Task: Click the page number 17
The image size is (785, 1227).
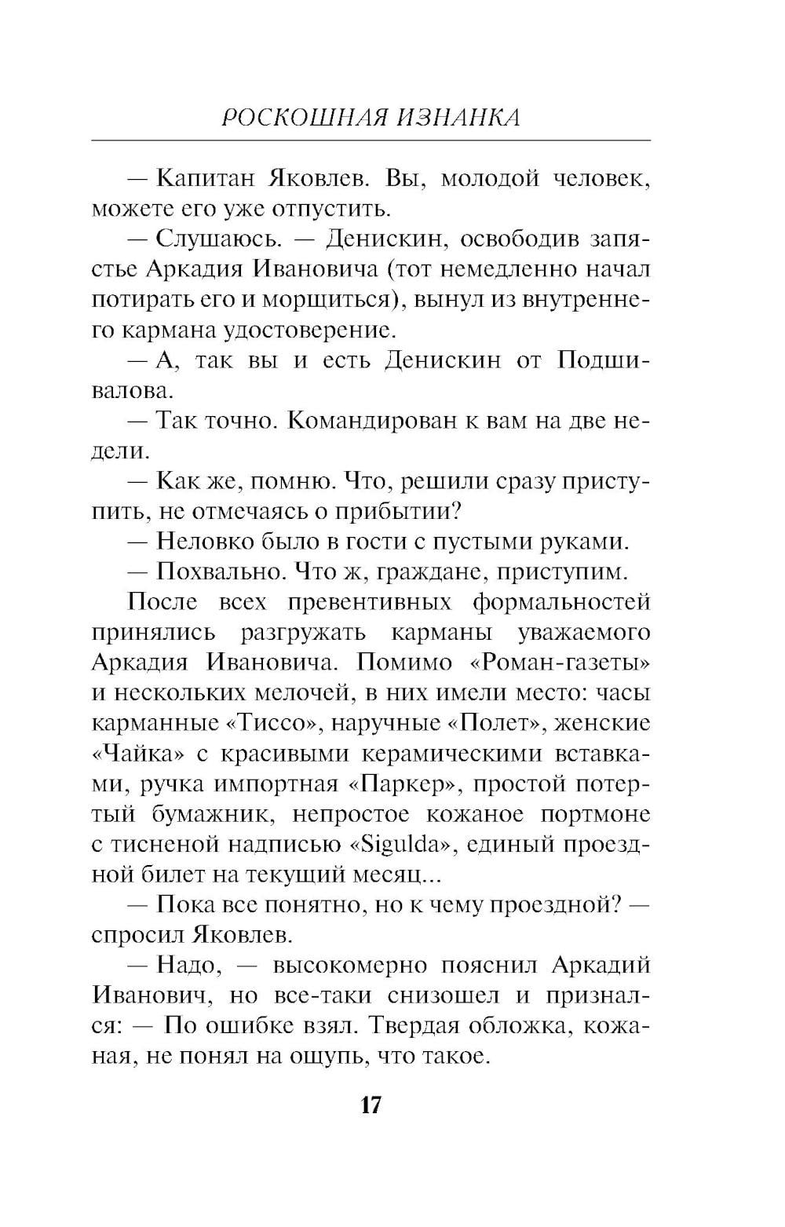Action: (371, 1105)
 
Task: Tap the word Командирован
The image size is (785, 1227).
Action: (367, 421)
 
